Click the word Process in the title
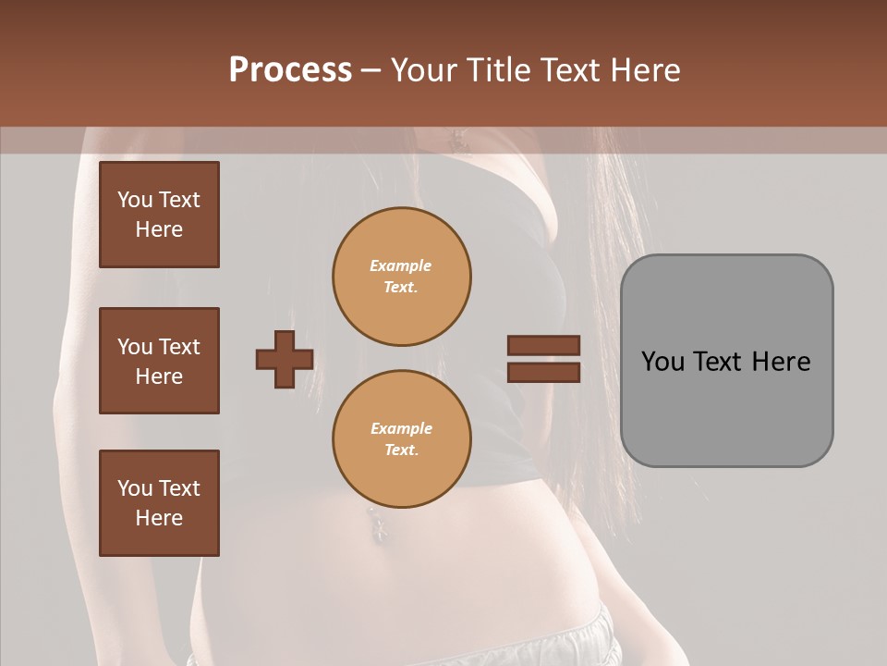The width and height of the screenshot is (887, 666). tap(290, 70)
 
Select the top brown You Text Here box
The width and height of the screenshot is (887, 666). tap(159, 215)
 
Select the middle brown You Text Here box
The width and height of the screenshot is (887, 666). tap(159, 361)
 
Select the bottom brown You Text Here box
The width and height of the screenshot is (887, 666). tap(159, 502)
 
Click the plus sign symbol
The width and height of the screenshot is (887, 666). tap(285, 359)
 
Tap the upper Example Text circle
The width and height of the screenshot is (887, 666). tap(402, 277)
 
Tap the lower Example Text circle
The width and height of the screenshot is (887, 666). tap(402, 439)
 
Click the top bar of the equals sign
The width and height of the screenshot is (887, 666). tap(543, 346)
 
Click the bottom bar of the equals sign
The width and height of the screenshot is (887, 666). tap(543, 372)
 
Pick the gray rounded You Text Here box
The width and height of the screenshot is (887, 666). tap(726, 361)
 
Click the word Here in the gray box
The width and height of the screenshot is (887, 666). tap(781, 362)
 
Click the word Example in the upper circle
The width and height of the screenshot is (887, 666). tap(401, 265)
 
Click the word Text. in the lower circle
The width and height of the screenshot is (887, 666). tap(401, 450)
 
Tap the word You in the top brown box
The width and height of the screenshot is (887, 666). tap(134, 200)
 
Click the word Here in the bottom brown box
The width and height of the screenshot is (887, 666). tap(159, 518)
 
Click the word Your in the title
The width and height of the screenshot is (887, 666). tap(423, 70)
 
